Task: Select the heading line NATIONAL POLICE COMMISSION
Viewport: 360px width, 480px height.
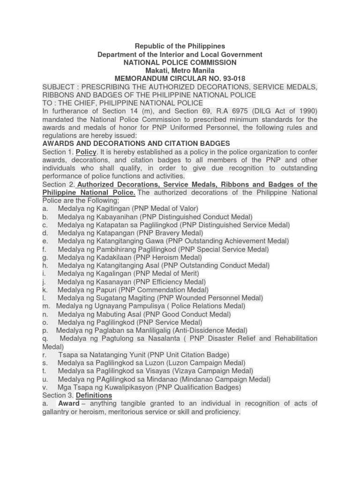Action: (x=180, y=62)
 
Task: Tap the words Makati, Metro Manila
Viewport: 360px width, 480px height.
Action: (x=180, y=70)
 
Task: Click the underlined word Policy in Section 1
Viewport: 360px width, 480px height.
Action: (x=86, y=152)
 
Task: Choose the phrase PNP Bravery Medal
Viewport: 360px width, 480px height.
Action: (x=172, y=233)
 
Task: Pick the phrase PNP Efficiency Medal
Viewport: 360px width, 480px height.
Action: (x=172, y=282)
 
